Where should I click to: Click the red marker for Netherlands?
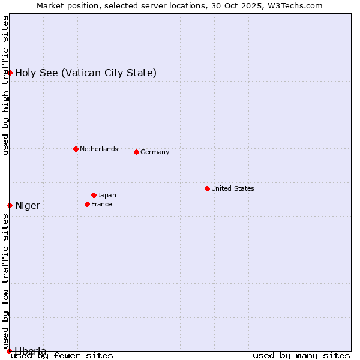(76, 149)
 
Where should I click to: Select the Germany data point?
(136, 152)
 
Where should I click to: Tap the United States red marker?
(207, 188)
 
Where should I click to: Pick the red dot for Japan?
(94, 195)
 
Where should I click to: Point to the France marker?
(87, 204)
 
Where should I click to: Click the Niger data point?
(10, 205)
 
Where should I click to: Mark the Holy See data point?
(10, 73)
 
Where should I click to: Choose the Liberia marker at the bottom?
(9, 350)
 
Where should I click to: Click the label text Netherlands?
(98, 149)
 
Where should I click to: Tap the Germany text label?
(155, 152)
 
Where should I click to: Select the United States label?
(232, 188)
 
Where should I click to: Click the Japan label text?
(107, 195)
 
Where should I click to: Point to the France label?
(101, 204)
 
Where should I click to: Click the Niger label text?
(28, 206)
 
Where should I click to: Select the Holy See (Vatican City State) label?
(86, 73)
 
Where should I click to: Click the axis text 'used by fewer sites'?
(62, 355)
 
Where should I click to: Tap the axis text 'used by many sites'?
(301, 355)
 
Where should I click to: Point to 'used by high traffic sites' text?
(5, 85)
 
